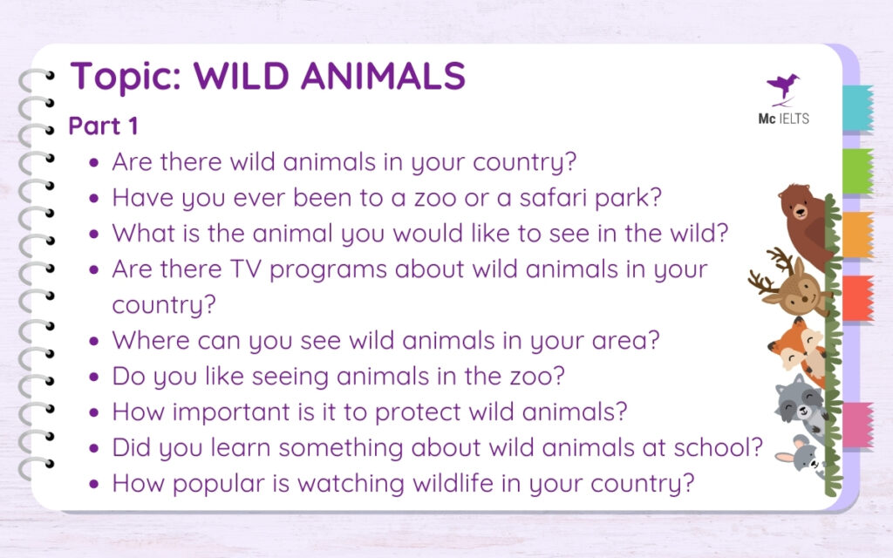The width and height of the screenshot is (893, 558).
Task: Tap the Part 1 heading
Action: (103, 126)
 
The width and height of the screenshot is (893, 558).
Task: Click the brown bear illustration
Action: (804, 222)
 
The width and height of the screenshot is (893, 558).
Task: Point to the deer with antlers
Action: (791, 289)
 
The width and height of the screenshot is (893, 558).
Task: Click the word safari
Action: (555, 197)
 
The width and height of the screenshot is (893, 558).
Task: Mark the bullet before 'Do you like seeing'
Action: (94, 377)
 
